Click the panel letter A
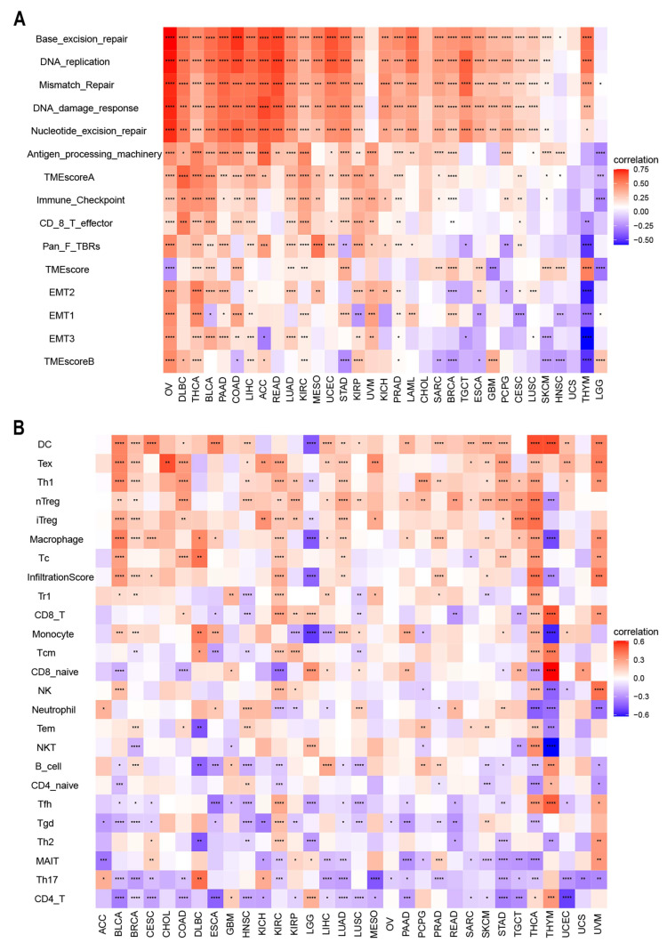click(x=16, y=15)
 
